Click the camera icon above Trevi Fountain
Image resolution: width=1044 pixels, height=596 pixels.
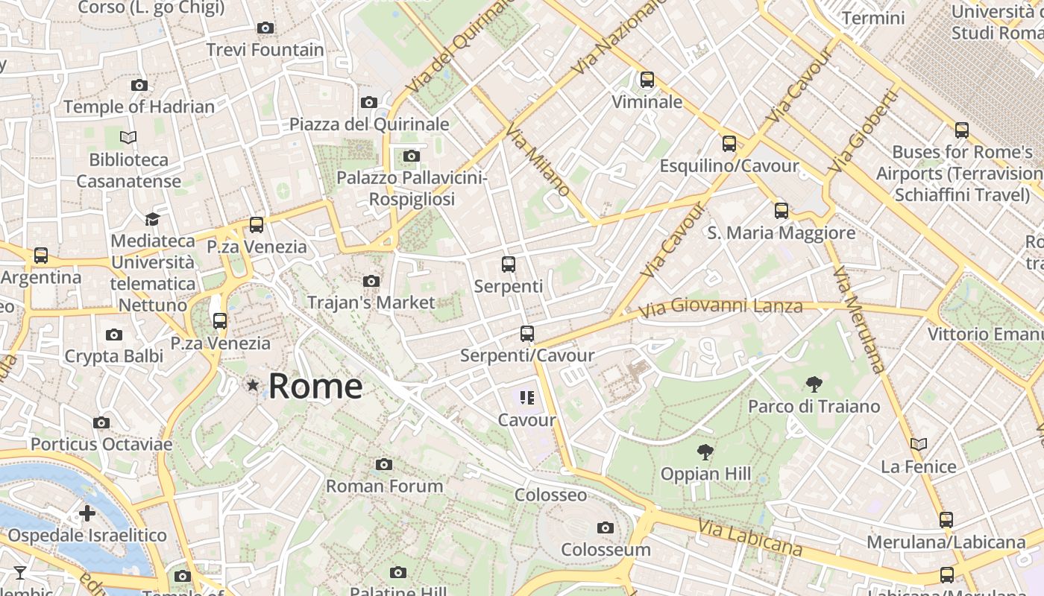tap(265, 28)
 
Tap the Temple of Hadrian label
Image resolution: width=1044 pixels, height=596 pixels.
tap(139, 107)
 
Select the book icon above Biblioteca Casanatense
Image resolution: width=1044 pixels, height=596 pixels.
tap(128, 137)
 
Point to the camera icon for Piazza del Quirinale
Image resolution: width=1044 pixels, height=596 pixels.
tap(368, 102)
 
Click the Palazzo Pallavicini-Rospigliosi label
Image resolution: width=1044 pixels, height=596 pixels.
tap(412, 188)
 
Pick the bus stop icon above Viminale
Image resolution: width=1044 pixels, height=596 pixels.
tap(647, 79)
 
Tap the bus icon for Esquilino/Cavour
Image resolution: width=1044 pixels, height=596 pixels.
tap(729, 144)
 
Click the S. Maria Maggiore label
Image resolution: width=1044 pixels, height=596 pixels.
tap(781, 233)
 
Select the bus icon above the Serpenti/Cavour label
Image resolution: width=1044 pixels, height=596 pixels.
tap(526, 333)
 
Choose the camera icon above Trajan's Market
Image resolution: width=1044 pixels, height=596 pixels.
tap(371, 281)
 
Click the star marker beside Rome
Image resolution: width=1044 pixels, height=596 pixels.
tap(253, 385)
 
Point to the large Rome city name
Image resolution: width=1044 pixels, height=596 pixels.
tap(315, 386)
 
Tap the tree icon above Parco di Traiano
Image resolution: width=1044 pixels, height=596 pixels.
tap(814, 384)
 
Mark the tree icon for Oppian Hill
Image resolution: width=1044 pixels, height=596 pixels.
tap(705, 451)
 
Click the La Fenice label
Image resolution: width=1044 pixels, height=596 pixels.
tap(918, 467)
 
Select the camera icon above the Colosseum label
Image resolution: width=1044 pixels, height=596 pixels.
tap(606, 527)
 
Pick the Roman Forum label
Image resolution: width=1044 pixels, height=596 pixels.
tap(384, 486)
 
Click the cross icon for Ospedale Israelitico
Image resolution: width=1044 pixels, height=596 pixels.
tap(87, 513)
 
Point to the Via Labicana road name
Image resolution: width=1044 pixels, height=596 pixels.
tap(750, 538)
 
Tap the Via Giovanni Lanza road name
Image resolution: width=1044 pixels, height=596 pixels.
tap(720, 306)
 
